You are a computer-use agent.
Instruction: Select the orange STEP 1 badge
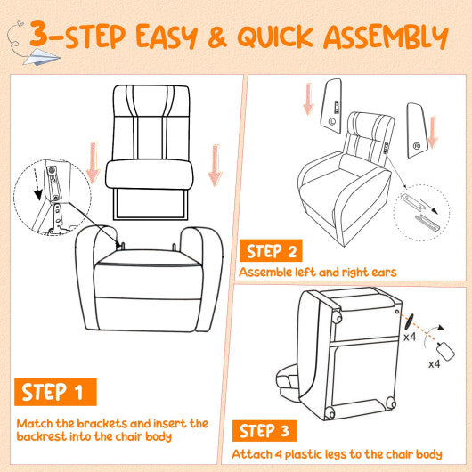point(56,393)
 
